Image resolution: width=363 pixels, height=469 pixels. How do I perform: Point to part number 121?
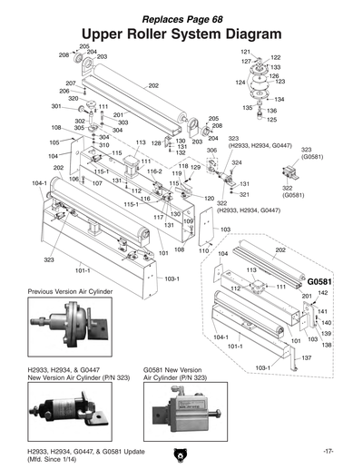(245, 52)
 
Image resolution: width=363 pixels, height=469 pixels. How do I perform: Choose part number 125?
(272, 119)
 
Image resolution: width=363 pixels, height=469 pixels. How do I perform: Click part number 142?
(323, 293)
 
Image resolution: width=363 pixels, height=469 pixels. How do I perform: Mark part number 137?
(307, 358)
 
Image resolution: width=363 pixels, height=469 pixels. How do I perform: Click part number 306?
(212, 151)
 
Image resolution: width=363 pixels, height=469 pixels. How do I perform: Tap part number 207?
(70, 83)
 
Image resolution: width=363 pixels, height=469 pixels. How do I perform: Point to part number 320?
(73, 98)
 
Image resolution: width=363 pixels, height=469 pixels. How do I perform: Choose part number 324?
(237, 162)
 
